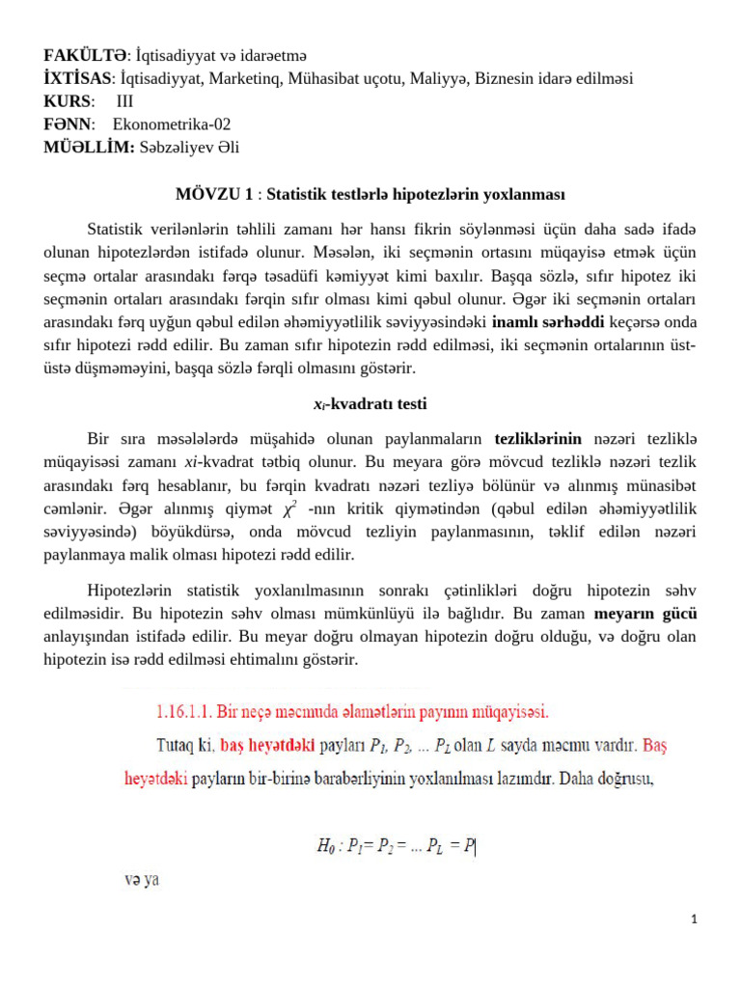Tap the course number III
point(124,101)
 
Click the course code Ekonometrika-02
point(172,123)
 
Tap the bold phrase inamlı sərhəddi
point(549,321)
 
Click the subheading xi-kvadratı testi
point(370,403)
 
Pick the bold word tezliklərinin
point(537,437)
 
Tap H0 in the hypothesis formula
point(326,847)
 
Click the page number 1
point(694,919)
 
